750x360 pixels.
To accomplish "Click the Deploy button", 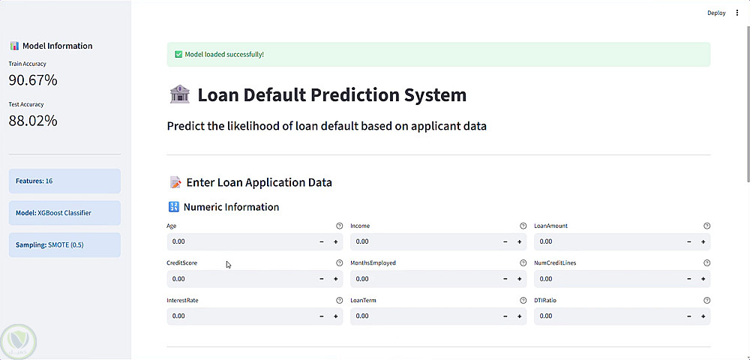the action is click(x=716, y=13).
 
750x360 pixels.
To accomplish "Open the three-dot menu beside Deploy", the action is click(x=737, y=13).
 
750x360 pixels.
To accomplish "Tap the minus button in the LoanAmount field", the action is click(x=689, y=242).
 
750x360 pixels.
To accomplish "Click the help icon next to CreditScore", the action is click(x=339, y=263).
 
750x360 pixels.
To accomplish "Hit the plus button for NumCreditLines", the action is click(x=703, y=279).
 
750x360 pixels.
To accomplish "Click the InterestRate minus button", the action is click(x=322, y=316).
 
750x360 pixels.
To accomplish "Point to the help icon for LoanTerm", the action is click(x=523, y=300).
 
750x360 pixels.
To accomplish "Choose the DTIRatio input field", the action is click(x=608, y=316).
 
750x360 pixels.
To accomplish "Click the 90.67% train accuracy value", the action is click(x=33, y=80).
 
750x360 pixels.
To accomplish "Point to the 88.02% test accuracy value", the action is click(x=33, y=121).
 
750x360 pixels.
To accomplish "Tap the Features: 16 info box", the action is click(x=64, y=181).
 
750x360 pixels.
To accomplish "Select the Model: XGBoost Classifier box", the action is click(x=64, y=213).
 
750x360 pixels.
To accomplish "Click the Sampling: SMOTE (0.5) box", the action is click(x=64, y=245).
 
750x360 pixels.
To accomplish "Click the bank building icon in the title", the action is click(x=180, y=94).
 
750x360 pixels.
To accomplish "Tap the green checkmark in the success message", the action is click(x=178, y=55).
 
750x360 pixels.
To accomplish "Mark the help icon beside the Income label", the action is click(x=523, y=226).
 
